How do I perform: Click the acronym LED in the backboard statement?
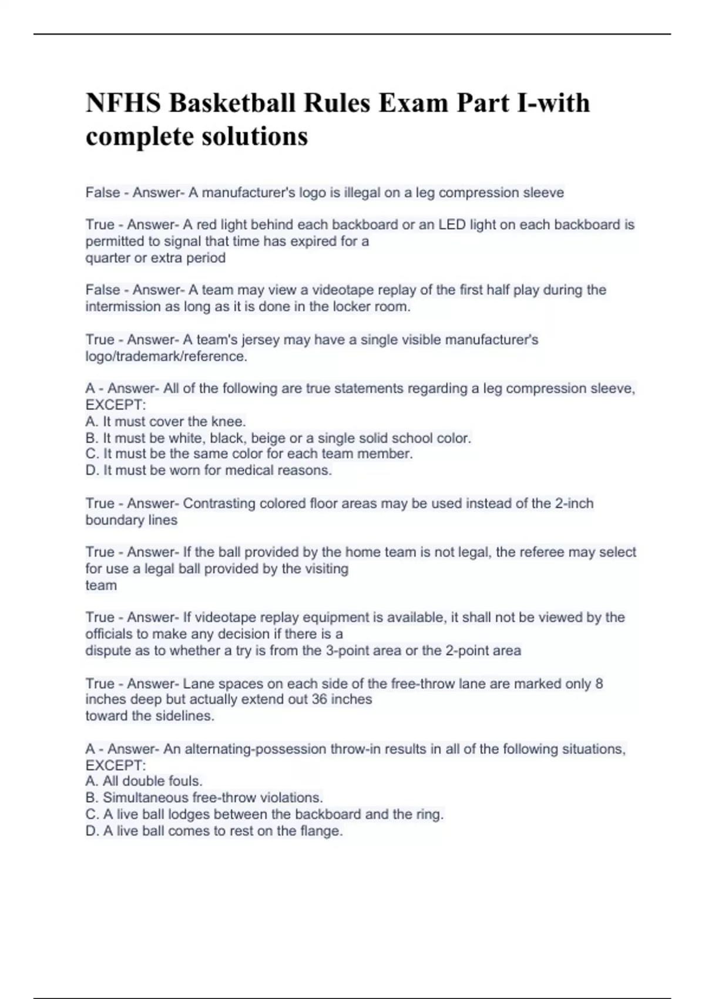[452, 224]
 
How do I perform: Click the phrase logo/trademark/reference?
[166, 356]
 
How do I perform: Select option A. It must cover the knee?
[166, 421]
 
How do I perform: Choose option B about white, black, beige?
[278, 438]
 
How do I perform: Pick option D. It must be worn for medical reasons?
[209, 470]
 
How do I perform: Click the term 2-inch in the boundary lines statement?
[574, 504]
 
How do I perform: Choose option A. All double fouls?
[144, 781]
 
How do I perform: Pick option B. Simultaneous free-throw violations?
[204, 797]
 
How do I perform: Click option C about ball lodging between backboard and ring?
[264, 814]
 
